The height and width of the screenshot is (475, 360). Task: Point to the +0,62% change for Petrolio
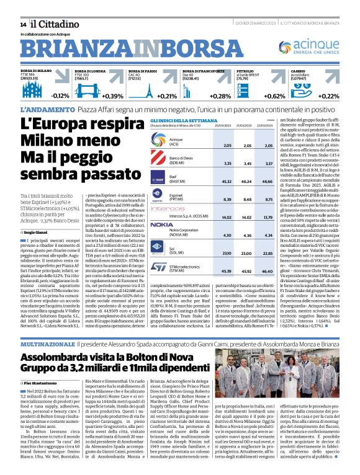point(274,95)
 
